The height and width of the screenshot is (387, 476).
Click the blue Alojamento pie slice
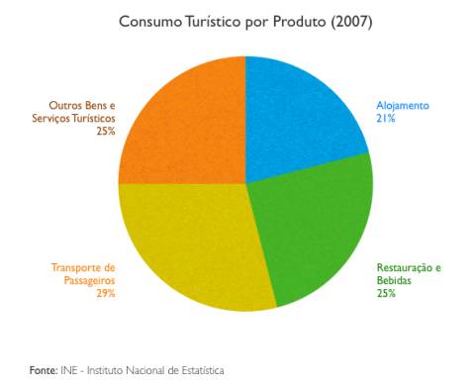[x=302, y=119]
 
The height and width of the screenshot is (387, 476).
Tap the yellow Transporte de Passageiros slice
[x=193, y=247]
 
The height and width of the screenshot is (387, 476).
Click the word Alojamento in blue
[x=402, y=105]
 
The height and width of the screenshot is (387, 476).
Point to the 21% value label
[x=386, y=118]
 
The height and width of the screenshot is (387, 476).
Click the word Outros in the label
[x=66, y=105]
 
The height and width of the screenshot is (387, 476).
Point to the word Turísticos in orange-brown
[x=90, y=118]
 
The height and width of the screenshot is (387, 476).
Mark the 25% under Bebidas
[x=386, y=293]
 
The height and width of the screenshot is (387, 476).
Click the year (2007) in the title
[x=351, y=21]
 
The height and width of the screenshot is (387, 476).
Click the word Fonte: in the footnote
[x=43, y=370]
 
